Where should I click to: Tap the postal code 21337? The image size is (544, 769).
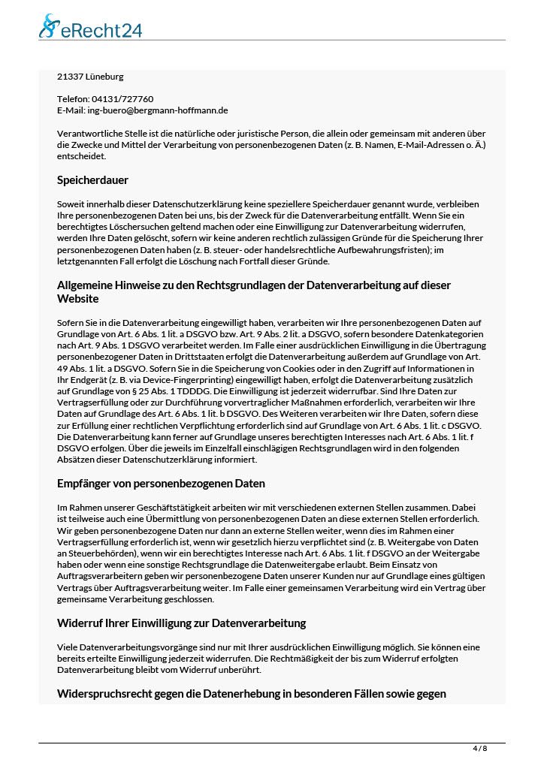click(x=70, y=77)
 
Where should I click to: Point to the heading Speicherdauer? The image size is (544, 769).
click(x=92, y=180)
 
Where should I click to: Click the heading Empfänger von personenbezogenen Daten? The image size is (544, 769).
click(x=161, y=484)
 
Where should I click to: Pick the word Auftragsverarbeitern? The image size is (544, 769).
click(x=105, y=577)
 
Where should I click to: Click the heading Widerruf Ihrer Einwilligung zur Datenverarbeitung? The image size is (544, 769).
click(x=181, y=623)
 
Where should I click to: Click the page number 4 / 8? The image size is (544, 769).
click(x=479, y=749)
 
